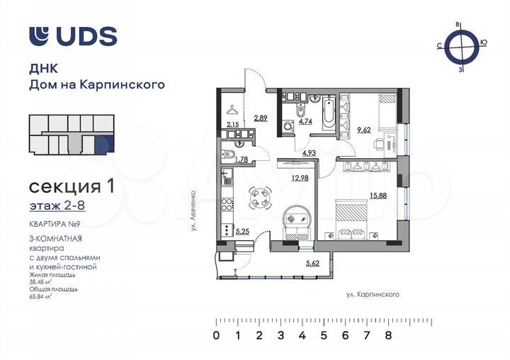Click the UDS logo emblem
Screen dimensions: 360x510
click(x=40, y=36)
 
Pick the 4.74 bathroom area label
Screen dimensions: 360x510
click(x=305, y=121)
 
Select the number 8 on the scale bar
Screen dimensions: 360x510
click(x=388, y=337)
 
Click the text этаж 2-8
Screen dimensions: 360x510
click(x=54, y=206)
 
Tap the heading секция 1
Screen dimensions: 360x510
click(x=71, y=186)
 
